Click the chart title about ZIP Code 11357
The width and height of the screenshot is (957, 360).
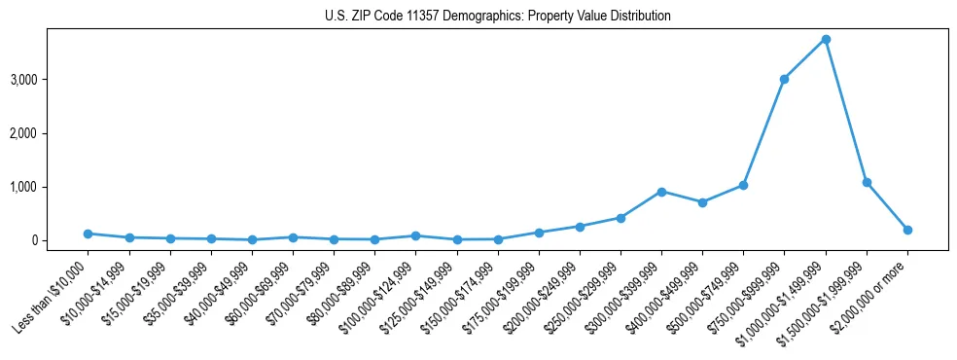[x=498, y=16]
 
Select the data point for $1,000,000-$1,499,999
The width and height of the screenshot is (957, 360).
[x=825, y=39]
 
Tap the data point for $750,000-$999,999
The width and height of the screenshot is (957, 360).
[x=784, y=79]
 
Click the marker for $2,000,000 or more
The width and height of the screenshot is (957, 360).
[x=907, y=230]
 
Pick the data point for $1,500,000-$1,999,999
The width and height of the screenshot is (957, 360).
[x=867, y=182]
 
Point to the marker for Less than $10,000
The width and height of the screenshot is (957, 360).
[x=89, y=234]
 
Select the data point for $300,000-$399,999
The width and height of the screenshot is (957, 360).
[x=661, y=192]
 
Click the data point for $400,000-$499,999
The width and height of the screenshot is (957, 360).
[x=702, y=202]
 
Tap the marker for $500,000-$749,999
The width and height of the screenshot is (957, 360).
[x=743, y=185]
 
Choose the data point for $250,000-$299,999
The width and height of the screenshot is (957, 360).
[x=620, y=218]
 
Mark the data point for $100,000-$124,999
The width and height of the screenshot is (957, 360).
[x=415, y=235]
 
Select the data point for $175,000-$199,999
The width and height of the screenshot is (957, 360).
[x=539, y=233]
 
